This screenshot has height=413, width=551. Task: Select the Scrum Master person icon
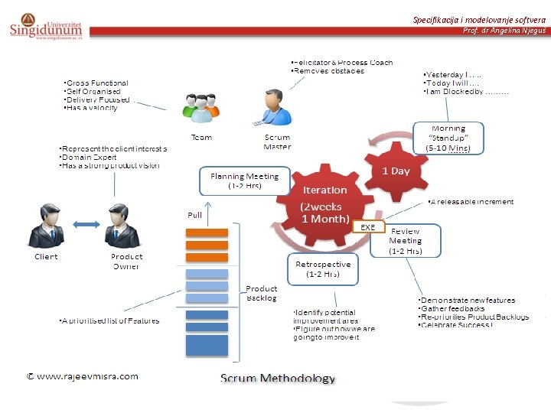[x=274, y=107]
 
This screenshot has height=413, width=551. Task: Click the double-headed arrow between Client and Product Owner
[x=83, y=223]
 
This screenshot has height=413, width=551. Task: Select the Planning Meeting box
[x=244, y=180]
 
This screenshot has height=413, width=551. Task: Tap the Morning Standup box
[x=448, y=138]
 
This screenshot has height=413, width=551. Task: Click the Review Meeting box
[x=406, y=240]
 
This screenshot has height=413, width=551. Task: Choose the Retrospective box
[x=322, y=268]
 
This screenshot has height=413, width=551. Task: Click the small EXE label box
[x=367, y=227]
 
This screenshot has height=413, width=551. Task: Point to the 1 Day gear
[x=396, y=170]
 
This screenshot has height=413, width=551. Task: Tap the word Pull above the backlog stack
[x=195, y=215]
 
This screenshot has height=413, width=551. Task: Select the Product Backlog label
[x=262, y=293]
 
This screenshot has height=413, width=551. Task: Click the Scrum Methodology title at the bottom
[x=278, y=378]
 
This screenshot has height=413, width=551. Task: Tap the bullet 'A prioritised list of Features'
[x=109, y=320]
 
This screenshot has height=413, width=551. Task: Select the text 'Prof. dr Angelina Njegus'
[x=504, y=31]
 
